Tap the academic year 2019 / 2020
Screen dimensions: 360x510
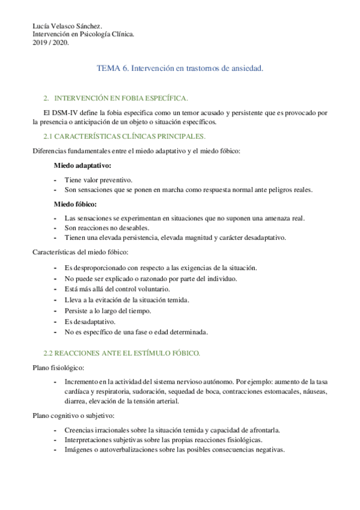(x=50, y=42)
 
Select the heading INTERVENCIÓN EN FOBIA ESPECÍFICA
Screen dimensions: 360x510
(x=121, y=97)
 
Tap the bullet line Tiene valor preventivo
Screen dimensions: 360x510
(x=99, y=180)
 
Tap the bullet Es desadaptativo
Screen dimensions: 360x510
(x=90, y=321)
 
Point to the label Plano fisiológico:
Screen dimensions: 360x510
(x=58, y=367)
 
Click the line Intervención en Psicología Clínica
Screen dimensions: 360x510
(x=83, y=34)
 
